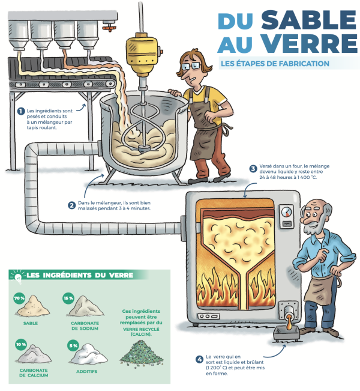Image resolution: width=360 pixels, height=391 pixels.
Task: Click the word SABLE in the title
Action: tap(308, 20)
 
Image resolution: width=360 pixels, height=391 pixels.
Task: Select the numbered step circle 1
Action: tap(20, 111)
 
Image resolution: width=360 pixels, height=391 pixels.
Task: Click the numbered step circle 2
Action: tap(72, 205)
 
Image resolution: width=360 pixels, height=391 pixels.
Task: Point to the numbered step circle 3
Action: tap(253, 169)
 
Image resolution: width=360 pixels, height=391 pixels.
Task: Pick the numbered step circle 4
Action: tap(199, 360)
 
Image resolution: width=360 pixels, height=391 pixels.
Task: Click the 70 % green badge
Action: tap(19, 299)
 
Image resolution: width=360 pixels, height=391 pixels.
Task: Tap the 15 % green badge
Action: tap(68, 299)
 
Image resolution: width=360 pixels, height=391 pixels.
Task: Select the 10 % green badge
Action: tap(21, 344)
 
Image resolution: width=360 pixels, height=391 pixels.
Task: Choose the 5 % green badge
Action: tap(73, 345)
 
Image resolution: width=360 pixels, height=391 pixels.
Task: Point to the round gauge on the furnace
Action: tap(286, 212)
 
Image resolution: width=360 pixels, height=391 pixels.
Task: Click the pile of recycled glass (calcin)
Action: tap(141, 353)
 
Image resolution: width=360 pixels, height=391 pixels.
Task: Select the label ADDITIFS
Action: tap(86, 372)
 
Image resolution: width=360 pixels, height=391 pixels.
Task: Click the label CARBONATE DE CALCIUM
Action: tap(34, 373)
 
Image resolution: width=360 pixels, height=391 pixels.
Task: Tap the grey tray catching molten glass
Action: tap(286, 333)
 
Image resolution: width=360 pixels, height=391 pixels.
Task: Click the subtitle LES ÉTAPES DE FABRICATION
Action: tap(275, 64)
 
